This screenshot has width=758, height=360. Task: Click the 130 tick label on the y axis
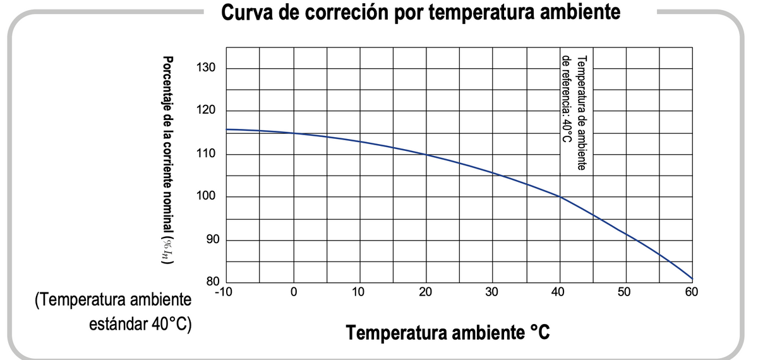tap(206, 68)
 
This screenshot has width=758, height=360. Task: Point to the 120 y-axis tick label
tap(206, 110)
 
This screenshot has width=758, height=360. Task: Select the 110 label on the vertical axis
tap(206, 153)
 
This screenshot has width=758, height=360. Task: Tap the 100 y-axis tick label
tap(206, 196)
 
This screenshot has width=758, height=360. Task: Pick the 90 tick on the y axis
tap(213, 239)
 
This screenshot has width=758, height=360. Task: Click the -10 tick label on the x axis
tap(224, 292)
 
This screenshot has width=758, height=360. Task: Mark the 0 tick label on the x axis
tap(294, 292)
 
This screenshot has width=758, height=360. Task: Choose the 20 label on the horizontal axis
tap(425, 292)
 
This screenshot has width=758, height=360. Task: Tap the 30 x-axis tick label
tap(491, 292)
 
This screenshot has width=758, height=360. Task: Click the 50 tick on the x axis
tap(624, 292)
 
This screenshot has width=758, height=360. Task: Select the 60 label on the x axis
tap(692, 292)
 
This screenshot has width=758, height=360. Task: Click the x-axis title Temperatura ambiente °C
tap(448, 332)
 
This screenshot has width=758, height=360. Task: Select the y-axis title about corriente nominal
tap(167, 160)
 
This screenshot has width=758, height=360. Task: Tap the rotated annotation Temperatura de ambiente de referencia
tap(574, 112)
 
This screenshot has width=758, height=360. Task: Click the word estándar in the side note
tap(119, 324)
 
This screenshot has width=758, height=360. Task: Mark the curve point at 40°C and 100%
tap(560, 196)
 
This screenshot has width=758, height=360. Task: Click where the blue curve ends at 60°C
tap(692, 279)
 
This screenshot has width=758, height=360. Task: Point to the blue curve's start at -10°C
tap(226, 129)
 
